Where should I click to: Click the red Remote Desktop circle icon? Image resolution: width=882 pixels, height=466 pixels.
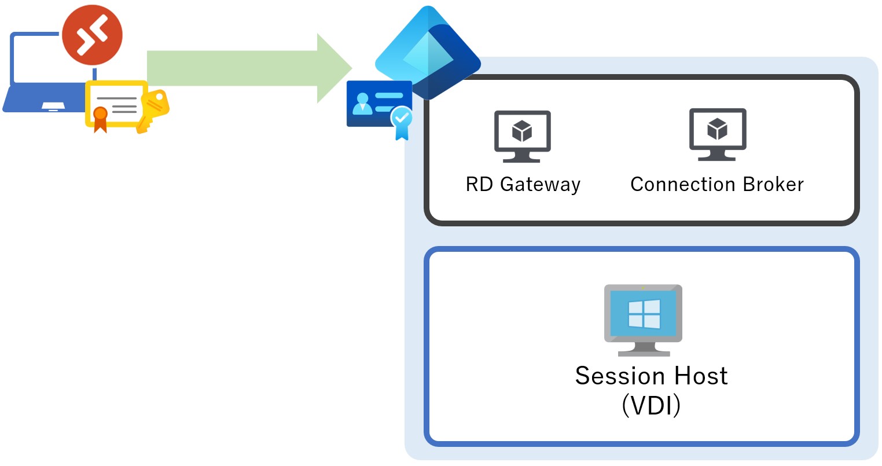coord(92,35)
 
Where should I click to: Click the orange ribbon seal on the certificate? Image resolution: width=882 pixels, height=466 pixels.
coord(101,116)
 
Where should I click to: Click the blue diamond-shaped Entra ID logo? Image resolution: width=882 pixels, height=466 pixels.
coord(428,52)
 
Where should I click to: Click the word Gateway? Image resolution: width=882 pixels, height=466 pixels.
coord(540,185)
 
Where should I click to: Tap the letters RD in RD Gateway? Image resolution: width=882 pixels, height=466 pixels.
coord(479,185)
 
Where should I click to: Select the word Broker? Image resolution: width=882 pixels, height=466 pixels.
coord(773,185)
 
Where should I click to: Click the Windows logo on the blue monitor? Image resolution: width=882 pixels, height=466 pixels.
coord(644,314)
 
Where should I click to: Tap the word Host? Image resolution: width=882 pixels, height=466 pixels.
coord(701,376)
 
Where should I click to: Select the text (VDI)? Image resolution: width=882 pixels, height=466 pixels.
coord(651,406)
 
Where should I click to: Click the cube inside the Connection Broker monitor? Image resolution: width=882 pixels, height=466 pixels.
coord(718,129)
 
